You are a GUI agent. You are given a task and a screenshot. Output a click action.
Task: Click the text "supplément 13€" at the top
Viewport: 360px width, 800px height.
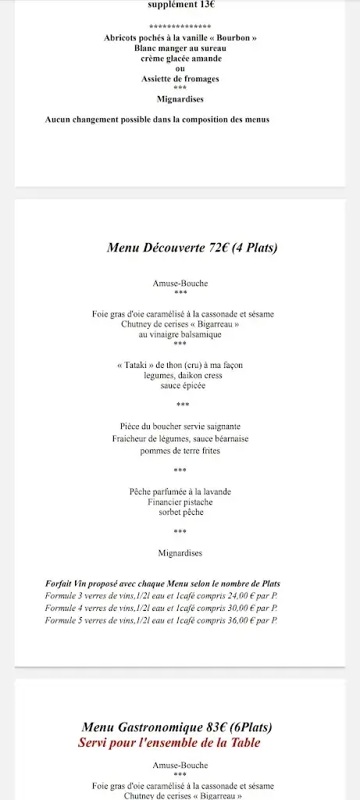[x=180, y=4]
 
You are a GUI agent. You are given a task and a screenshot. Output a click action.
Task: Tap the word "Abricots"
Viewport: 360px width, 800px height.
[x=120, y=37]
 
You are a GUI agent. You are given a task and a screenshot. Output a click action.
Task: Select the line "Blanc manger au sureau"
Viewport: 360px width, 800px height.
[x=180, y=48]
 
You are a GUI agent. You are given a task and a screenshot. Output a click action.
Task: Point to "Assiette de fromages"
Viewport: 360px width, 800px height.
[x=180, y=79]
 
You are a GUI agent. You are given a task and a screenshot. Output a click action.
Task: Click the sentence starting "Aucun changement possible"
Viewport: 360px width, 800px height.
[x=157, y=120]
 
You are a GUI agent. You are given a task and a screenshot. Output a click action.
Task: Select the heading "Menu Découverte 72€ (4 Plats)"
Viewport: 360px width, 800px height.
[x=192, y=248]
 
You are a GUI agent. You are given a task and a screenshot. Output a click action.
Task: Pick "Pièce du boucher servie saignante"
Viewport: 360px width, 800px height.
[x=180, y=427]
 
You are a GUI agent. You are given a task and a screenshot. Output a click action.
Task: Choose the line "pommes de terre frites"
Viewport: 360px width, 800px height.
[x=180, y=451]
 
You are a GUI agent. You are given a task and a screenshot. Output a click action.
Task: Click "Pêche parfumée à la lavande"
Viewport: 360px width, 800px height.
[x=180, y=491]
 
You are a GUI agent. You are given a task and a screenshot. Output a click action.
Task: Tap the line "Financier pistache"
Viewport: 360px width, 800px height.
[x=180, y=502]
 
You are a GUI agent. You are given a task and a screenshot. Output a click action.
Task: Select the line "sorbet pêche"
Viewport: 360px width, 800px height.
[x=180, y=512]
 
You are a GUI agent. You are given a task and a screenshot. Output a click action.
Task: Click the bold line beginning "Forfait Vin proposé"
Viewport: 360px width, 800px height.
[x=162, y=584]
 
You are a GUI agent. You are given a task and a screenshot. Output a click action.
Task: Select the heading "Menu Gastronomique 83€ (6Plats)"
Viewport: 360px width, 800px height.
[x=176, y=727]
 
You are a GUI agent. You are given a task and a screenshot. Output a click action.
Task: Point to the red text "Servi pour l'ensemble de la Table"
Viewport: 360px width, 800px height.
[x=169, y=743]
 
